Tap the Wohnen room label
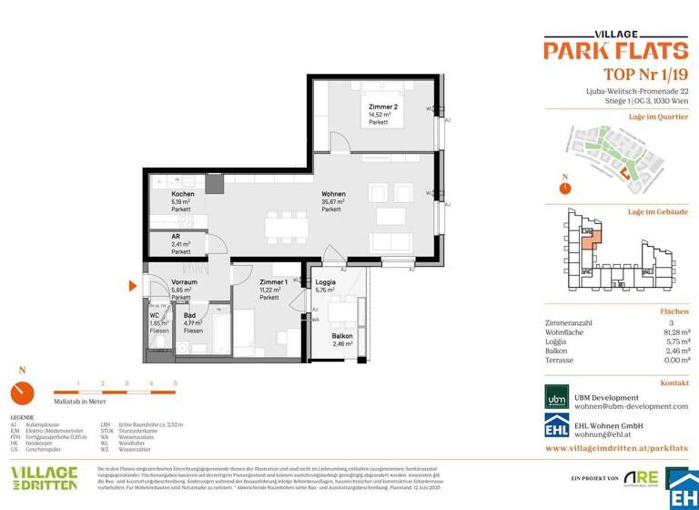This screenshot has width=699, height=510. (x=333, y=194)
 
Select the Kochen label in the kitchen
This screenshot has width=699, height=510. (x=183, y=195)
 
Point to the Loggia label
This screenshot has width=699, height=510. (x=326, y=283)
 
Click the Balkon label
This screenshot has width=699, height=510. (x=341, y=337)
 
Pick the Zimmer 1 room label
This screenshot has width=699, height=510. (x=273, y=283)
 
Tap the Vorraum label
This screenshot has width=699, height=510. (x=185, y=282)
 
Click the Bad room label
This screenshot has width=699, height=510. (x=188, y=315)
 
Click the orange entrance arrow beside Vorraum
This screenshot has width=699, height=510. (x=133, y=286)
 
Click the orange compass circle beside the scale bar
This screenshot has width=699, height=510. (x=22, y=393)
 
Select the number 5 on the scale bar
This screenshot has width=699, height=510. (x=175, y=383)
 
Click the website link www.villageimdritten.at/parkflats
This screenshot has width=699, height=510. (x=616, y=449)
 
